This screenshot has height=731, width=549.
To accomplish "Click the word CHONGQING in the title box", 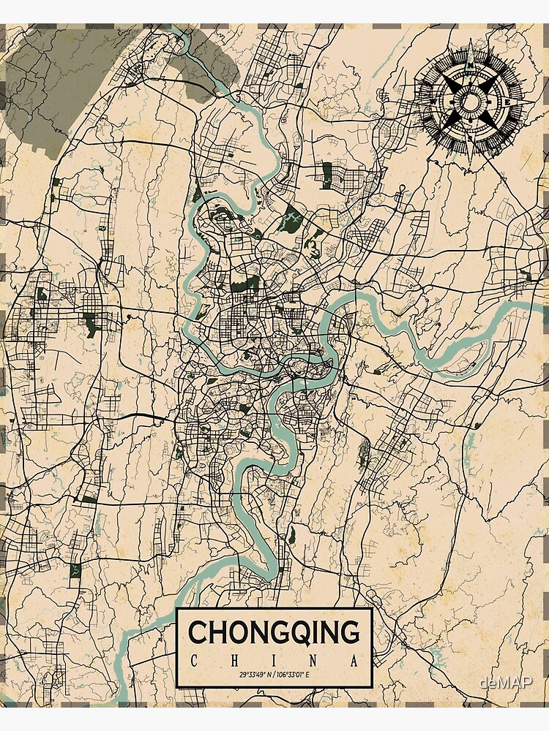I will pos(274,632).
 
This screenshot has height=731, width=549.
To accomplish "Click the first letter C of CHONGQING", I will pos(198,632).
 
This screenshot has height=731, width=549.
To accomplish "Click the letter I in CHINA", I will pos(275,662).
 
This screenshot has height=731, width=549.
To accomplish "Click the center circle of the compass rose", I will pos(471,100).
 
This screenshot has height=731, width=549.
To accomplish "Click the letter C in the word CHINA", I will pos(193,662).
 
